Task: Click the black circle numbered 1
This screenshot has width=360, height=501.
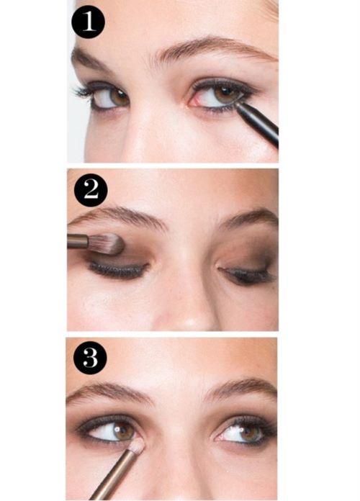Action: click(x=89, y=22)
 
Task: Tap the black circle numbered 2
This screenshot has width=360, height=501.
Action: click(x=91, y=190)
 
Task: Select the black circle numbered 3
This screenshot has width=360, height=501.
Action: click(x=90, y=358)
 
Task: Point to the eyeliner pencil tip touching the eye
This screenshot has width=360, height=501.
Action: click(x=238, y=104)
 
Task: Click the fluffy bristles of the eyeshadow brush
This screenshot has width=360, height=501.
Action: click(x=108, y=243)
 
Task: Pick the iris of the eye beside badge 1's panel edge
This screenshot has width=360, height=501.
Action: click(x=119, y=97)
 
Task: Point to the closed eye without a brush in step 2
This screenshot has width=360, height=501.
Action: click(x=246, y=274)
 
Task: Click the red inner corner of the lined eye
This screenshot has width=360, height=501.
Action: click(x=194, y=101)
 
